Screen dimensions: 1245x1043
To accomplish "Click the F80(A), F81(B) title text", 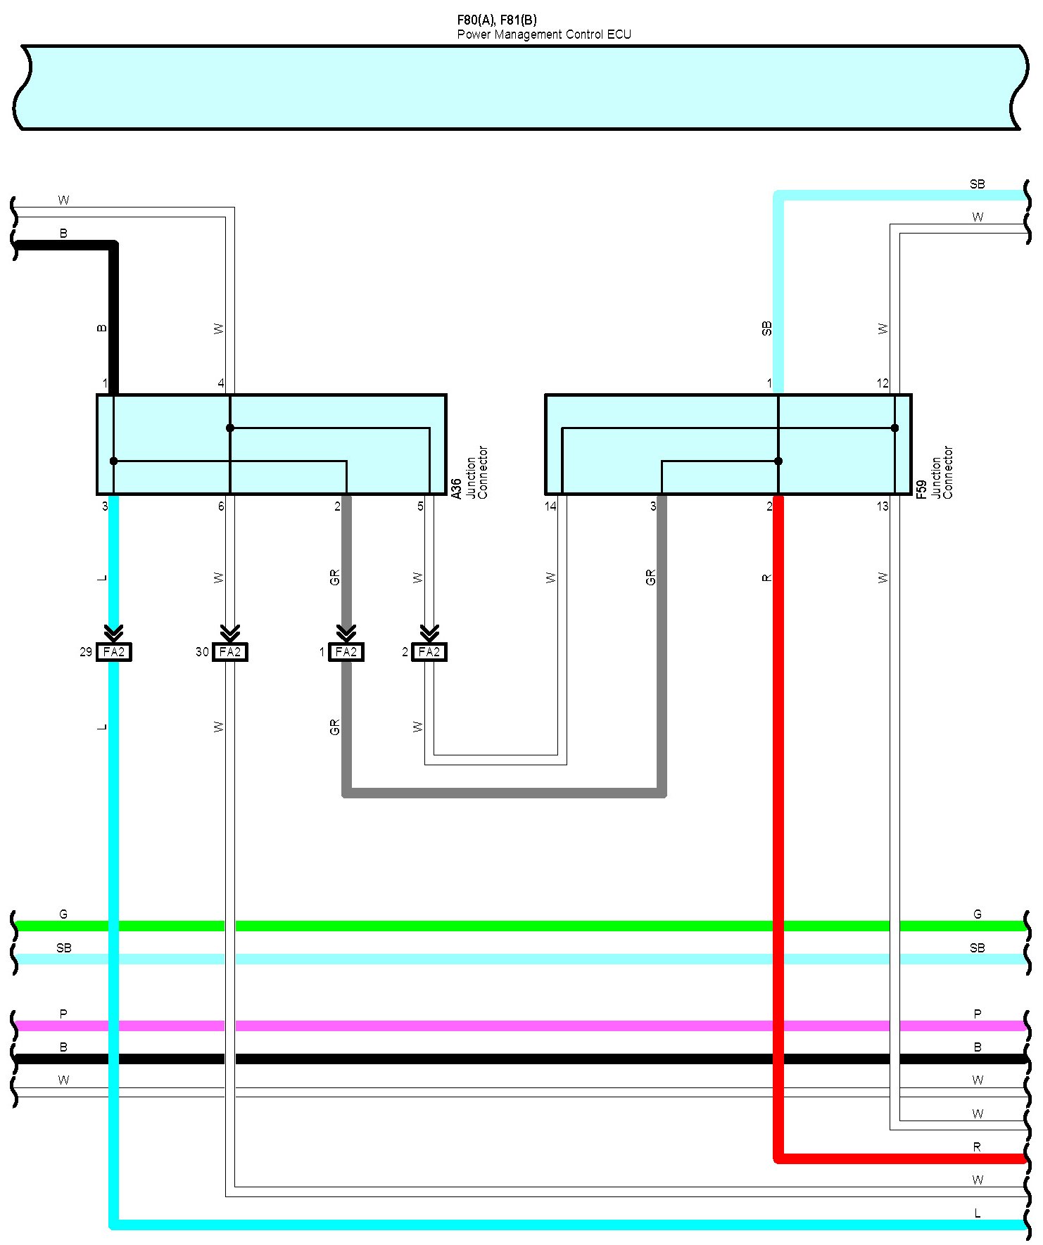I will pos(496,20).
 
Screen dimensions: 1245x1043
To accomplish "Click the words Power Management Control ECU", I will pos(543,34).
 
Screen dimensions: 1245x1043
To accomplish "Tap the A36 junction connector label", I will pos(456,489).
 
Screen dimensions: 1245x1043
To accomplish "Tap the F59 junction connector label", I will pos(921,489).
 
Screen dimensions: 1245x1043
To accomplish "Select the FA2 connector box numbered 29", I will pos(113,652).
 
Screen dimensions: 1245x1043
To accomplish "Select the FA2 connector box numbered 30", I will pos(229,652).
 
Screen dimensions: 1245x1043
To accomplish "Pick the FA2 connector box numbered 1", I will pos(346,652).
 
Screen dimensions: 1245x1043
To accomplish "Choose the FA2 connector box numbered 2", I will pos(429,652).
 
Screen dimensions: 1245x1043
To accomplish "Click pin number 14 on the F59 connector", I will pos(550,506).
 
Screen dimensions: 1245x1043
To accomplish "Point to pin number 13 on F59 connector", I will pos(883,506).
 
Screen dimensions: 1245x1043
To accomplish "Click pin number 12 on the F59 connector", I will pos(883,383).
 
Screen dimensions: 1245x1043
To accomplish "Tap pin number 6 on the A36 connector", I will pos(221,506).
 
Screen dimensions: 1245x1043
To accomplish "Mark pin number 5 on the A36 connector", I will pos(420,506).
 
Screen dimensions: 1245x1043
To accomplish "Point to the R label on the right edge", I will pos(977,1147).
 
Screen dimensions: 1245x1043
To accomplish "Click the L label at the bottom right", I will pos(977,1213).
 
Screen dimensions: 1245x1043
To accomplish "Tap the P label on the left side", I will pos(63,1014).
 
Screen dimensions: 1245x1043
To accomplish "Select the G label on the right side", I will pos(977,914).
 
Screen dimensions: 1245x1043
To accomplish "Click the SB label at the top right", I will pos(977,184).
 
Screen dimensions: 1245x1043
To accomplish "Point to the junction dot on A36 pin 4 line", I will pos(230,428).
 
